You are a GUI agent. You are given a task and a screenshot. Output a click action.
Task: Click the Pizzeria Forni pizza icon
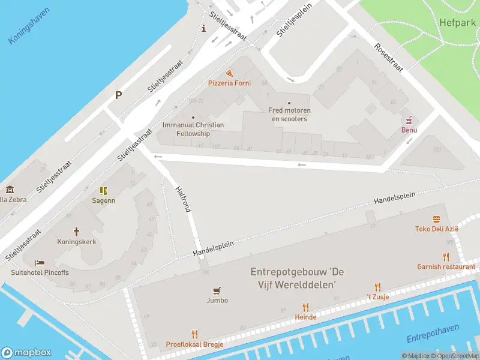pos(229,72)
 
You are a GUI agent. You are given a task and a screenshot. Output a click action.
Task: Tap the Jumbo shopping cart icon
pos(217,290)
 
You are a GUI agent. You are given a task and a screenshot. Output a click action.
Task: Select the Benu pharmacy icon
pos(409,119)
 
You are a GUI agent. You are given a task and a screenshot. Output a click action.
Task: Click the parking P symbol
pos(118,95)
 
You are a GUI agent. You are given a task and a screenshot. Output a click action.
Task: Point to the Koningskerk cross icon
pos(76,232)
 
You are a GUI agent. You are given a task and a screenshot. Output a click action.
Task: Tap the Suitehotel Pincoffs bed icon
pos(40,263)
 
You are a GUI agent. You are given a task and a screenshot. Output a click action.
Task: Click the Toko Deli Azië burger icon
pos(436,219)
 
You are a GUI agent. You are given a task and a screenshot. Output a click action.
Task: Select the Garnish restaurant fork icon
pos(446,257)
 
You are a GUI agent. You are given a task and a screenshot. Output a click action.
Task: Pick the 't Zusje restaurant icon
pos(377,287)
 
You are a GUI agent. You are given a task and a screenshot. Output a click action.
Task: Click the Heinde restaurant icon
pos(305,307)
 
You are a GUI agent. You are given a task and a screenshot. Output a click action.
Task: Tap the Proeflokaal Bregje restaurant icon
pos(194,334)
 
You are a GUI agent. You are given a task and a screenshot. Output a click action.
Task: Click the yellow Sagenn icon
pos(103,191)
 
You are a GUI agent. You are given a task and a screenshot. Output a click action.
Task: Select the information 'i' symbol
pos(204,28)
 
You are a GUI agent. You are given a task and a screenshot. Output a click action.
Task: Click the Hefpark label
pos(458,22)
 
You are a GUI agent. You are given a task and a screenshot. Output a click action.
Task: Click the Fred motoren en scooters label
pos(289,115)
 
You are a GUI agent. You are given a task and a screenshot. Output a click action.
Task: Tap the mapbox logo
pos(26,353)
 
